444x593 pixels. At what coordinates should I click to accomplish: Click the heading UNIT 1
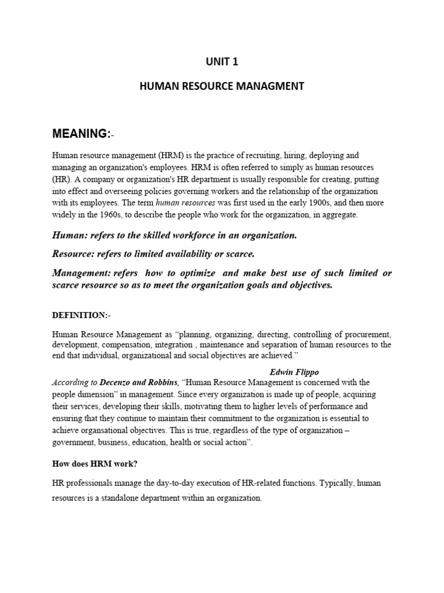pyautogui.click(x=222, y=63)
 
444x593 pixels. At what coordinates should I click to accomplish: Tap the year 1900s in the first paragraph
pyautogui.click(x=323, y=203)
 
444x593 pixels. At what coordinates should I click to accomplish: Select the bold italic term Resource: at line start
pyautogui.click(x=74, y=254)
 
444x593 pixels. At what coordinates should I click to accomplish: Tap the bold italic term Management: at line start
pyautogui.click(x=82, y=273)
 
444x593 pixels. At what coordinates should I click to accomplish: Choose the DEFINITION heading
pyautogui.click(x=81, y=315)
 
